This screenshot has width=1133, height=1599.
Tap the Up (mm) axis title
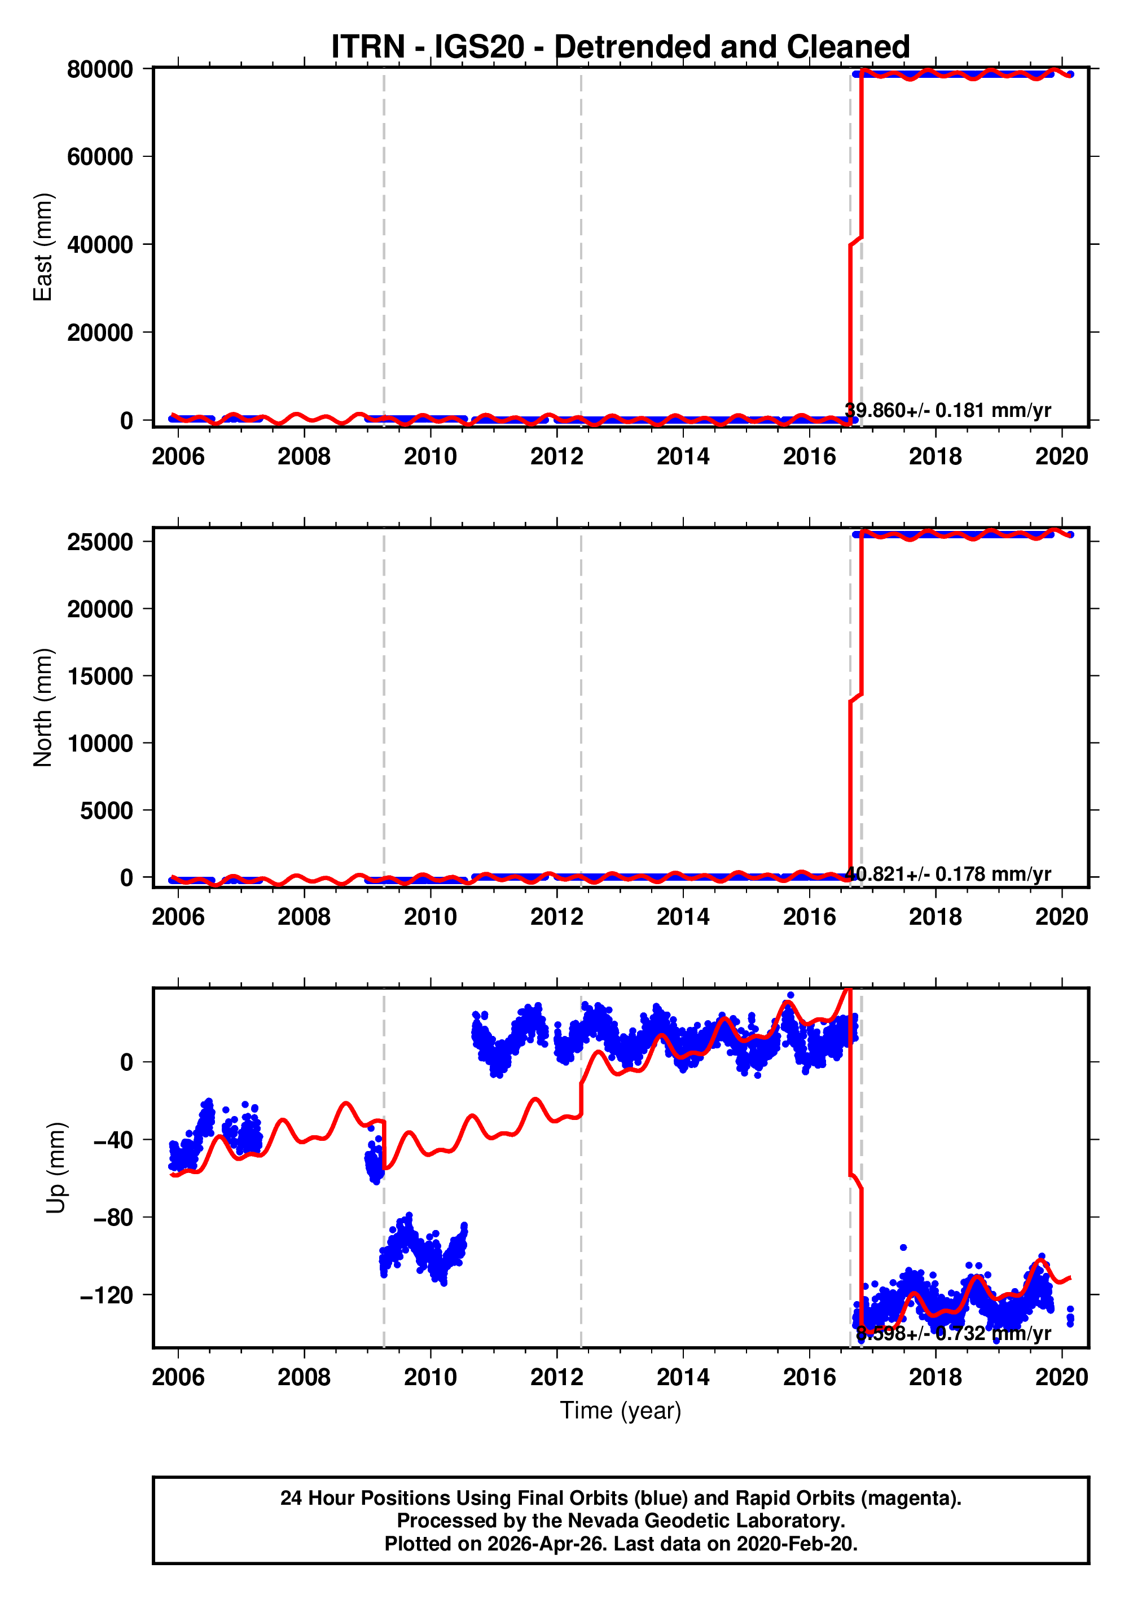tap(56, 1168)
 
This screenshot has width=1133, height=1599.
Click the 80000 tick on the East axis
tap(100, 69)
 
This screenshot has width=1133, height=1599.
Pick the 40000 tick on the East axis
tap(100, 245)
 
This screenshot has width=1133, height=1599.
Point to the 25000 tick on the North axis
tap(100, 542)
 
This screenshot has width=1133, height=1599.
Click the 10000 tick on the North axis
tap(100, 744)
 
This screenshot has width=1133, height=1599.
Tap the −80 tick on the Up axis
tap(106, 1218)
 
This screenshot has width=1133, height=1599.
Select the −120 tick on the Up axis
tap(106, 1295)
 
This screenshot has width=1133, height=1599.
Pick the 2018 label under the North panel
tap(935, 917)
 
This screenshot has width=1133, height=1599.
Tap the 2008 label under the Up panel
tap(304, 1377)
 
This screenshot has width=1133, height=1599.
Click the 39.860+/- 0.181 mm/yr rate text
tap(947, 410)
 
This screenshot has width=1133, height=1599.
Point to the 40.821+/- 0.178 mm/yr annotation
tap(947, 873)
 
